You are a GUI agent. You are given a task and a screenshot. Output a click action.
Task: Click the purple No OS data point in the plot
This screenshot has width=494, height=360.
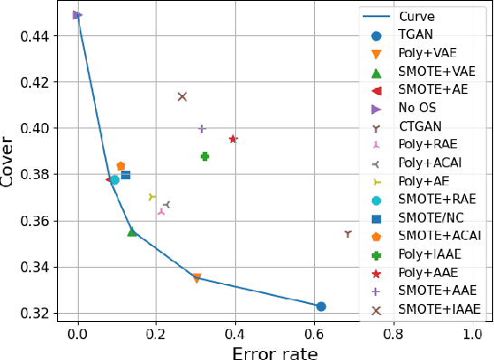tap(78, 15)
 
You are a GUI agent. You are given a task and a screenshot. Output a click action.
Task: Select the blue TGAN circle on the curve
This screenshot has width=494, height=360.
tap(320, 307)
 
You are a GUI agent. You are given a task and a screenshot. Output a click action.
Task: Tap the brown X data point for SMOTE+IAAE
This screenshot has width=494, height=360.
tap(182, 97)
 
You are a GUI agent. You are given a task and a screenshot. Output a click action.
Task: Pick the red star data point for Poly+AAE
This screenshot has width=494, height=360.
tap(233, 139)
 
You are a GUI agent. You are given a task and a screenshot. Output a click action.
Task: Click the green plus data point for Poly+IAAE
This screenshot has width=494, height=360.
tap(205, 156)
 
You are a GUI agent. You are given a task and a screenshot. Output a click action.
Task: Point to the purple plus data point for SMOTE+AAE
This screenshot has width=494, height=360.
tap(202, 128)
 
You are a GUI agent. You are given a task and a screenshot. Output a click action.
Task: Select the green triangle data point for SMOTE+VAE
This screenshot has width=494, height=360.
tap(132, 232)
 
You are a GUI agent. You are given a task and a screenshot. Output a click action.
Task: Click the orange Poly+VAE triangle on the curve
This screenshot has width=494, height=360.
tap(196, 279)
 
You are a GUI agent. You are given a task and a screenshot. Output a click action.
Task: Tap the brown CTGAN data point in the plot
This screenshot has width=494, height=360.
tap(347, 233)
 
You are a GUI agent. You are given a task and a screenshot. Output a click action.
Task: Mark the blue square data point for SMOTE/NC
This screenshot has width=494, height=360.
tap(126, 175)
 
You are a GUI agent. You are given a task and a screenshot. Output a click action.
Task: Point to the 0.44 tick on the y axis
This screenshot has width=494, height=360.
tap(46, 35)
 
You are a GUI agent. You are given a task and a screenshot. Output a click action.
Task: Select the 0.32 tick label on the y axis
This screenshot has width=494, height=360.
tap(46, 313)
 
